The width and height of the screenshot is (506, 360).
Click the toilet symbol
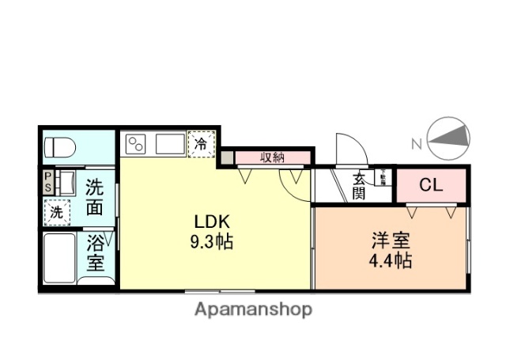59,147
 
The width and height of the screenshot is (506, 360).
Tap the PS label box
47,181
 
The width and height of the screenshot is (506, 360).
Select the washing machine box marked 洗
57,211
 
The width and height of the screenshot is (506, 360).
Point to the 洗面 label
95,198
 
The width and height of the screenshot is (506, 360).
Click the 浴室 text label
95,253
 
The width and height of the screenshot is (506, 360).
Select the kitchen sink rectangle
169,144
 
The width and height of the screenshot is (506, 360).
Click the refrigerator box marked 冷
201,144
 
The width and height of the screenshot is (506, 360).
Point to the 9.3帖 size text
211,243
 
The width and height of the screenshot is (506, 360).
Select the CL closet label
431,186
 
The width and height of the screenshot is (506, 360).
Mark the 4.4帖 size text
389,260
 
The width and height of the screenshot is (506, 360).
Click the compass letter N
416,143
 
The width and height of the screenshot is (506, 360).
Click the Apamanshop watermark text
253,309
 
